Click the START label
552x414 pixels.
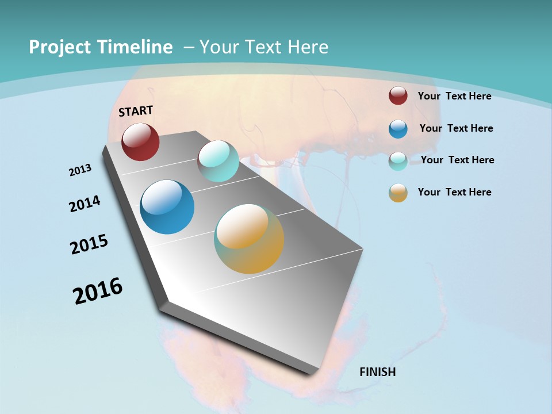(136, 110)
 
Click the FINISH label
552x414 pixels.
(378, 372)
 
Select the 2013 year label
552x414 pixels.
(80, 170)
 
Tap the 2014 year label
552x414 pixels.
(85, 204)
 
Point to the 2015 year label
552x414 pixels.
(89, 244)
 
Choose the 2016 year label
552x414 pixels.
(98, 290)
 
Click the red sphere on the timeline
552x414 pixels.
(140, 142)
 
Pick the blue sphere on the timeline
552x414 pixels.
(167, 207)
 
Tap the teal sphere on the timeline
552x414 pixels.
(218, 161)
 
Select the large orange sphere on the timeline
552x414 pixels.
(249, 239)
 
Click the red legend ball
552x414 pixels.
(398, 95)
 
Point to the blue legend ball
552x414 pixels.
(398, 129)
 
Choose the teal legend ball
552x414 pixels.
(398, 161)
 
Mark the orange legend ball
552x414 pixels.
(398, 193)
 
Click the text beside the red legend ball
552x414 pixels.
(454, 96)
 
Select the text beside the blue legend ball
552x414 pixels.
(456, 128)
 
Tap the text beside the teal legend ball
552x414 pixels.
(457, 160)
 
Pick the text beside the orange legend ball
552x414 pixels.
(454, 192)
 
